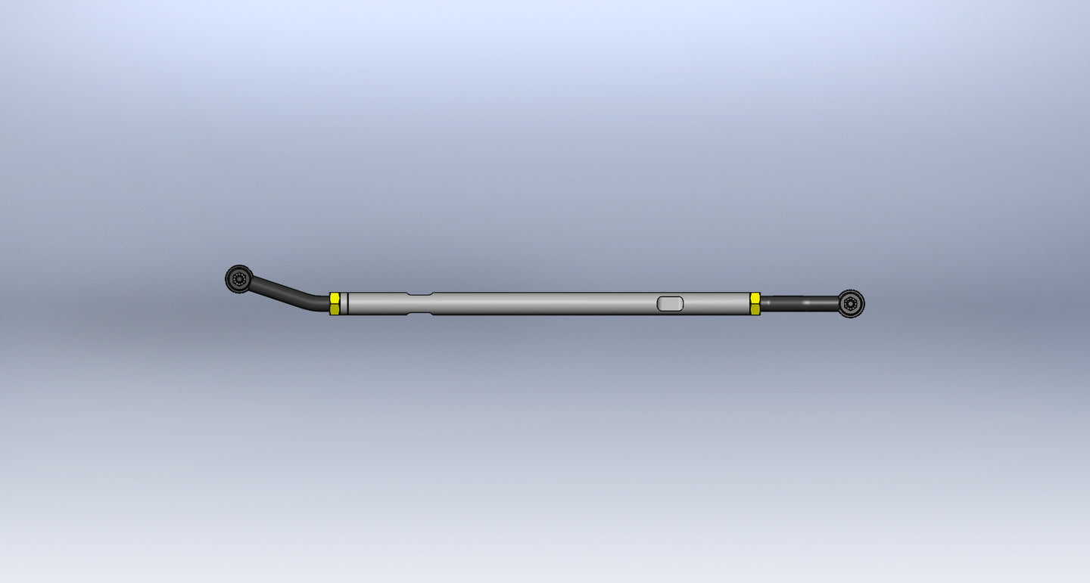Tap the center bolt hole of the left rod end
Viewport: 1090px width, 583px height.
[x=240, y=279]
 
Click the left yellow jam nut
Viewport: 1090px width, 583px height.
[x=335, y=303]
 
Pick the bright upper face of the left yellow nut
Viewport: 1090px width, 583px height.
[x=335, y=298]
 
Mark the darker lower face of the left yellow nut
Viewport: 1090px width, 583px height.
[x=335, y=309]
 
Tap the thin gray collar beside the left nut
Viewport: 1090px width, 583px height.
[x=344, y=303]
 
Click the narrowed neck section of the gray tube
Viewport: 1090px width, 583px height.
[x=419, y=303]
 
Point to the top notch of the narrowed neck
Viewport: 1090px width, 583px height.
[x=419, y=294]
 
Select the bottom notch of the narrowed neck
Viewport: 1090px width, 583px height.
[x=419, y=313]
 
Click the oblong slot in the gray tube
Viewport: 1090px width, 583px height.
[x=670, y=303]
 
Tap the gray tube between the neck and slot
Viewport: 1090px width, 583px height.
[x=545, y=303]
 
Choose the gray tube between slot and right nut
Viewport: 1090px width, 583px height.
[x=716, y=303]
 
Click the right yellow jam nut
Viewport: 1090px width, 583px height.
[x=755, y=303]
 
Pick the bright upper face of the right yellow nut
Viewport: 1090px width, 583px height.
[x=755, y=298]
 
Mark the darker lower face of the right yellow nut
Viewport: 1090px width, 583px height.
[x=755, y=309]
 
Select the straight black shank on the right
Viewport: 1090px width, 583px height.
[x=799, y=303]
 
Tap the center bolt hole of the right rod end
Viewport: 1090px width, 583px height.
[x=851, y=303]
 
